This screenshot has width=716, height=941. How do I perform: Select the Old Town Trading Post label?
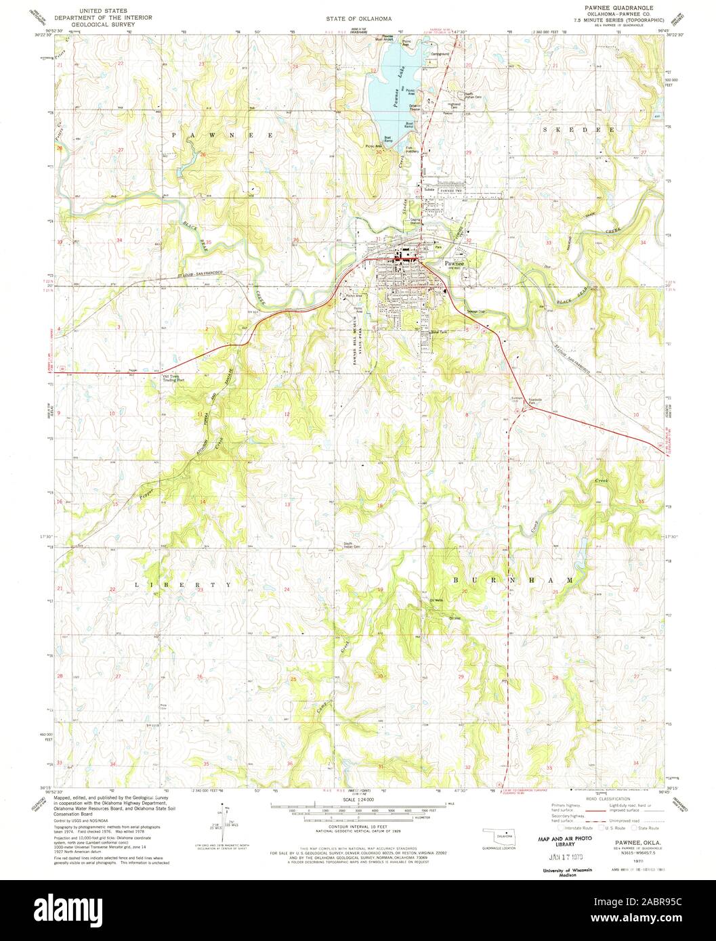(x=175, y=378)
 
